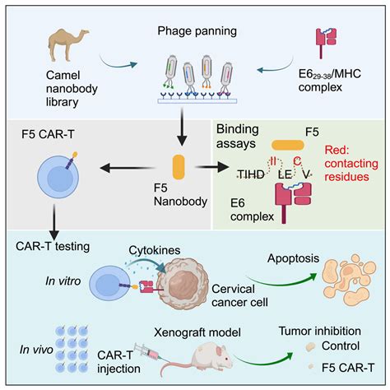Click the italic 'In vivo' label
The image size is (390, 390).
tap(32, 348)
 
